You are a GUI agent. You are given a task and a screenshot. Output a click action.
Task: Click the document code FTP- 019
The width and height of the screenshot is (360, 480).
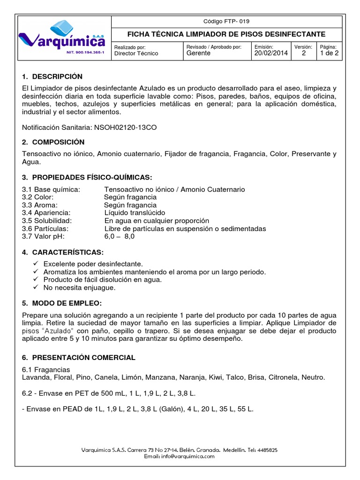226,21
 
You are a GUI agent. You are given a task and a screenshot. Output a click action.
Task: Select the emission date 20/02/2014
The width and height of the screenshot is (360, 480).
271,53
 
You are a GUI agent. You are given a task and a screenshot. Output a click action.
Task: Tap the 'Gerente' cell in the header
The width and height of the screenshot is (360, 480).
198,53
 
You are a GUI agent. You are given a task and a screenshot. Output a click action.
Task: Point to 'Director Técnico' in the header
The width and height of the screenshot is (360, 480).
136,53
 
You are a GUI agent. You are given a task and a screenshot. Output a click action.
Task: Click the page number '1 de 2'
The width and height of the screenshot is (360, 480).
329,53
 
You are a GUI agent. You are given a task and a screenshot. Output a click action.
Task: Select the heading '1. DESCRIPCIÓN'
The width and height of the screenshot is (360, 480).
52,76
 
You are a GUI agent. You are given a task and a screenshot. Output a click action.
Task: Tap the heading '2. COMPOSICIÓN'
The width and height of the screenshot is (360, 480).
53,142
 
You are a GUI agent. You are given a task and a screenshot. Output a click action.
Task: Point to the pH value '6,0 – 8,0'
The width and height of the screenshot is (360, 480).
120,237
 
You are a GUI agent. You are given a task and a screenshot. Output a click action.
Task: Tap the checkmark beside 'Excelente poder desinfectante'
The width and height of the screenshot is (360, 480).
37,264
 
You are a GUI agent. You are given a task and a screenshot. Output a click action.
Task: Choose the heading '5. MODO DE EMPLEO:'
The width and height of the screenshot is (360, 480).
61,303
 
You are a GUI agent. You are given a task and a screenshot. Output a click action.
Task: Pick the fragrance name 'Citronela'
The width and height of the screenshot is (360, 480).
280,377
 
